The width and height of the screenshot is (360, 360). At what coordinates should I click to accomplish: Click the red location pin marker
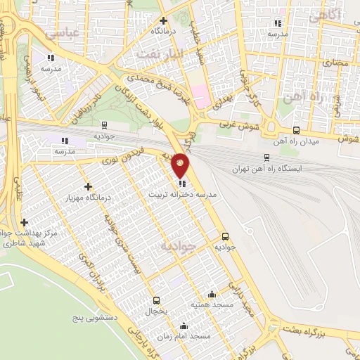click(x=181, y=165)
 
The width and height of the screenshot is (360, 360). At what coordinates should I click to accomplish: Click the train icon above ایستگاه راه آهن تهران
click(x=266, y=157)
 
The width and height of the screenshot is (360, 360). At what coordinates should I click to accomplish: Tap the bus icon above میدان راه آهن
click(x=296, y=130)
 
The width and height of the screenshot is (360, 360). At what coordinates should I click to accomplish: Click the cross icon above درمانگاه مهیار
click(x=88, y=186)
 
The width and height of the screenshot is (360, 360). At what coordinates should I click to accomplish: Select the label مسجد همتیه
click(x=211, y=305)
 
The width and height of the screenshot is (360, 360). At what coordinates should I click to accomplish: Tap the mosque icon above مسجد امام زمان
click(x=184, y=326)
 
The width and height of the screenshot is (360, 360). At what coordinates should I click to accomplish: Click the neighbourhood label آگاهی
click(x=325, y=14)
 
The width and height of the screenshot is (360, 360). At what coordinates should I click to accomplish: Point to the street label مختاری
click(x=335, y=63)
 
